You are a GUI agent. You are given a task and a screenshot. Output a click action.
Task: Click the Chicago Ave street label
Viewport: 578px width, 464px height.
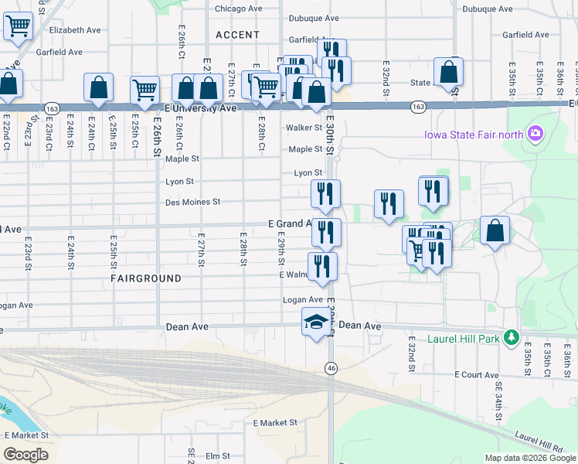(238, 9)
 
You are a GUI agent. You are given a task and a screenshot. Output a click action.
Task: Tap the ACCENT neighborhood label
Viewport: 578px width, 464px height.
(238, 35)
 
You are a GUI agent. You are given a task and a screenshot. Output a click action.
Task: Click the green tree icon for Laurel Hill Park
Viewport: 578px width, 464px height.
(510, 337)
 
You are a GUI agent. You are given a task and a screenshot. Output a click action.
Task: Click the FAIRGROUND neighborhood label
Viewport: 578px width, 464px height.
(146, 278)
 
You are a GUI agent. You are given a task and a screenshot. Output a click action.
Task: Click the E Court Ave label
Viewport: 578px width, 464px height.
(477, 374)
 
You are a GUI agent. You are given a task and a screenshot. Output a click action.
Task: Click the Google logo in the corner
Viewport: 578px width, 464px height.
(25, 455)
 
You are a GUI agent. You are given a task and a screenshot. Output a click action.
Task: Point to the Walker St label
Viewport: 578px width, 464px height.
(304, 127)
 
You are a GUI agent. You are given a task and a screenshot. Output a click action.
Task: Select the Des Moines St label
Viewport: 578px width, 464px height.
(193, 202)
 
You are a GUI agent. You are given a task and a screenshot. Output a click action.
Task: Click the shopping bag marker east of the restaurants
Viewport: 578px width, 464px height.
(495, 230)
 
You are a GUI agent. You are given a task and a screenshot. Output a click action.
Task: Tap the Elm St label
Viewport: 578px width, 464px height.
(219, 456)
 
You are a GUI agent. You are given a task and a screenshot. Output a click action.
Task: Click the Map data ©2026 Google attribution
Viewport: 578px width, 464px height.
(530, 458)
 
